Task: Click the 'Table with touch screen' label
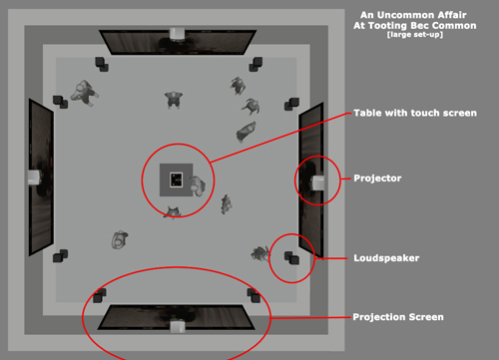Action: pyautogui.click(x=415, y=113)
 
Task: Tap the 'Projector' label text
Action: pyautogui.click(x=377, y=179)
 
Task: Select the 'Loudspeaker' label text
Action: pyautogui.click(x=386, y=258)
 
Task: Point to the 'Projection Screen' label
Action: pyautogui.click(x=398, y=317)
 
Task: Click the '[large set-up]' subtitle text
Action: pyautogui.click(x=415, y=35)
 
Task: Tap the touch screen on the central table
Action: pyautogui.click(x=176, y=180)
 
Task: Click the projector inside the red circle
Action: pyautogui.click(x=318, y=183)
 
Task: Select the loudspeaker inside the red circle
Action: pyautogui.click(x=291, y=257)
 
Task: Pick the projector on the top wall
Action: pyautogui.click(x=177, y=34)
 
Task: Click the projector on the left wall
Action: pyautogui.click(x=34, y=178)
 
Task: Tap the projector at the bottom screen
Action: pyautogui.click(x=178, y=326)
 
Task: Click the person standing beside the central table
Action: pyautogui.click(x=198, y=185)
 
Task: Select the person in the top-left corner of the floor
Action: pyautogui.click(x=84, y=93)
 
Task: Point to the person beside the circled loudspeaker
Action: pyautogui.click(x=260, y=254)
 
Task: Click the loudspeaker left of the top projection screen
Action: pyautogui.click(x=102, y=64)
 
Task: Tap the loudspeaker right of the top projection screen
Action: pyautogui.click(x=255, y=64)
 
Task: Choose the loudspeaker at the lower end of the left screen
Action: pyautogui.click(x=60, y=256)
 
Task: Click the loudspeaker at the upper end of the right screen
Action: pyautogui.click(x=291, y=104)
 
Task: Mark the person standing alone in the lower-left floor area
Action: pyautogui.click(x=119, y=240)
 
